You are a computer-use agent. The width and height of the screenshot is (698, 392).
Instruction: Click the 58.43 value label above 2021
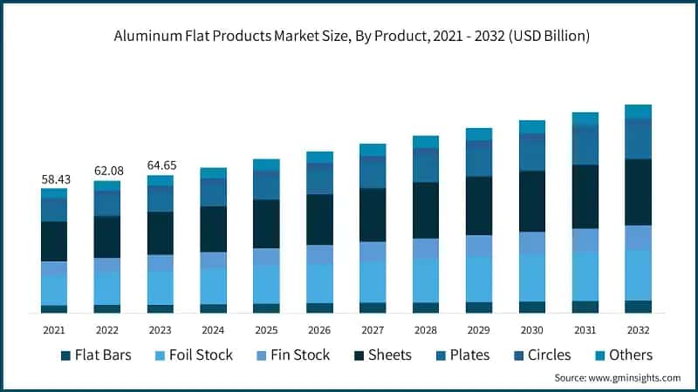tap(54, 179)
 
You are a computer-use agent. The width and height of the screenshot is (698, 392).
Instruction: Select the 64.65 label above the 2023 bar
tap(161, 165)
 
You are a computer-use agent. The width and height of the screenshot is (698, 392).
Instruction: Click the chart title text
tap(349, 36)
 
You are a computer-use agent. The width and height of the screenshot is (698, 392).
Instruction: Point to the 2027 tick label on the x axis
tap(373, 330)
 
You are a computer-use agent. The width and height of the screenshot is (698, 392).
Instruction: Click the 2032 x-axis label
tap(639, 330)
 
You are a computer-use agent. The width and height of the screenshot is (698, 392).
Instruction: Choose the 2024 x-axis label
tap(213, 330)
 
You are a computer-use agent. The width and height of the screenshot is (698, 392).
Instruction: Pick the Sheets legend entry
tap(385, 355)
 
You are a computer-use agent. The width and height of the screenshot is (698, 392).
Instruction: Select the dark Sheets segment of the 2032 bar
tap(639, 192)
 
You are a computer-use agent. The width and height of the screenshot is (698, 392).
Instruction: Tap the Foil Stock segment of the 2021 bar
tap(54, 290)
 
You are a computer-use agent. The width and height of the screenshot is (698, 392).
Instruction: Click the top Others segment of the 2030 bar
tap(532, 126)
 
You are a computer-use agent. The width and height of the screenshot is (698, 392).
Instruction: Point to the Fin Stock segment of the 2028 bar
tap(426, 248)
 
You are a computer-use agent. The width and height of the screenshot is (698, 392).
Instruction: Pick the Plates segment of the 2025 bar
tap(266, 185)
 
